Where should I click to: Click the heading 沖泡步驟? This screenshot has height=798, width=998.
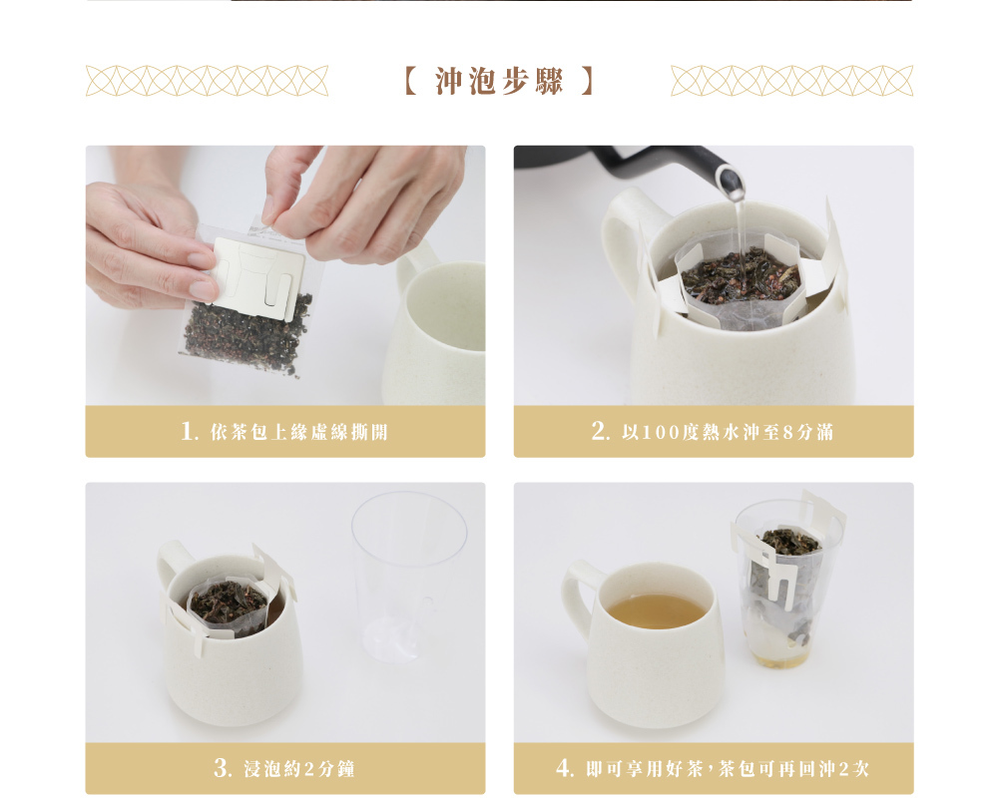500,82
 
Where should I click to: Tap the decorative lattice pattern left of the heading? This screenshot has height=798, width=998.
207,81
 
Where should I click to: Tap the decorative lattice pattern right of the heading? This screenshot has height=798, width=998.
791,81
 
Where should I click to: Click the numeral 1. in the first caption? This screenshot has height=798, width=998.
190,431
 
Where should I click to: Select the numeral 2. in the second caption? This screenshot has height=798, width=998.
601,431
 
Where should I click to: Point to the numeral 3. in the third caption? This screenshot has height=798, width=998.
223,767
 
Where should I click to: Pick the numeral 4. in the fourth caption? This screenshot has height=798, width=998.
565,767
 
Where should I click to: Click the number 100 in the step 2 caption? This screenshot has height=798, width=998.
661,433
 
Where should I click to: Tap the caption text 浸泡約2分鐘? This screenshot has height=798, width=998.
299,769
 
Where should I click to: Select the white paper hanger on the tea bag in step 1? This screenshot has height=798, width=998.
257,277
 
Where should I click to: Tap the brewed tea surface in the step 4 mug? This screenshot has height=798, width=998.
657,610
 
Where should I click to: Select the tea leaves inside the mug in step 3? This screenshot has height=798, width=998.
228,601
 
